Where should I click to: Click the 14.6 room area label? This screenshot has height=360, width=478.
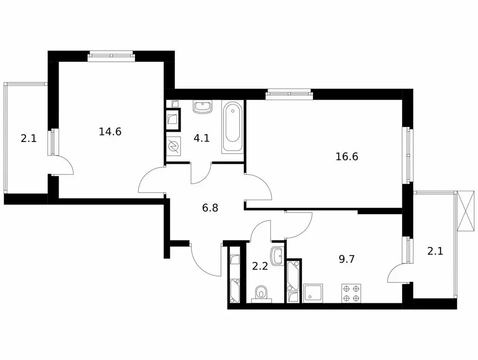pos(110,132)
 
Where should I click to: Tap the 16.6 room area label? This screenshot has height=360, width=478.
pos(347,157)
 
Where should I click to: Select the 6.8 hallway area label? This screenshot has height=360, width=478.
pos(210,208)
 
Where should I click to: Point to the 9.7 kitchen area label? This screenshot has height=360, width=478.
pos(347,259)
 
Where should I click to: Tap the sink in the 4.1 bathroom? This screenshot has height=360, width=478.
pos(203,107)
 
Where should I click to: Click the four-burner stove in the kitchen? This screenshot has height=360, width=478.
pos(350,293)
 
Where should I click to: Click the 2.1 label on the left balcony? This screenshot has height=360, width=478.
pos(28,139)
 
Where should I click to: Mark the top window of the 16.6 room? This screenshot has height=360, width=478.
pos(288,94)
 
